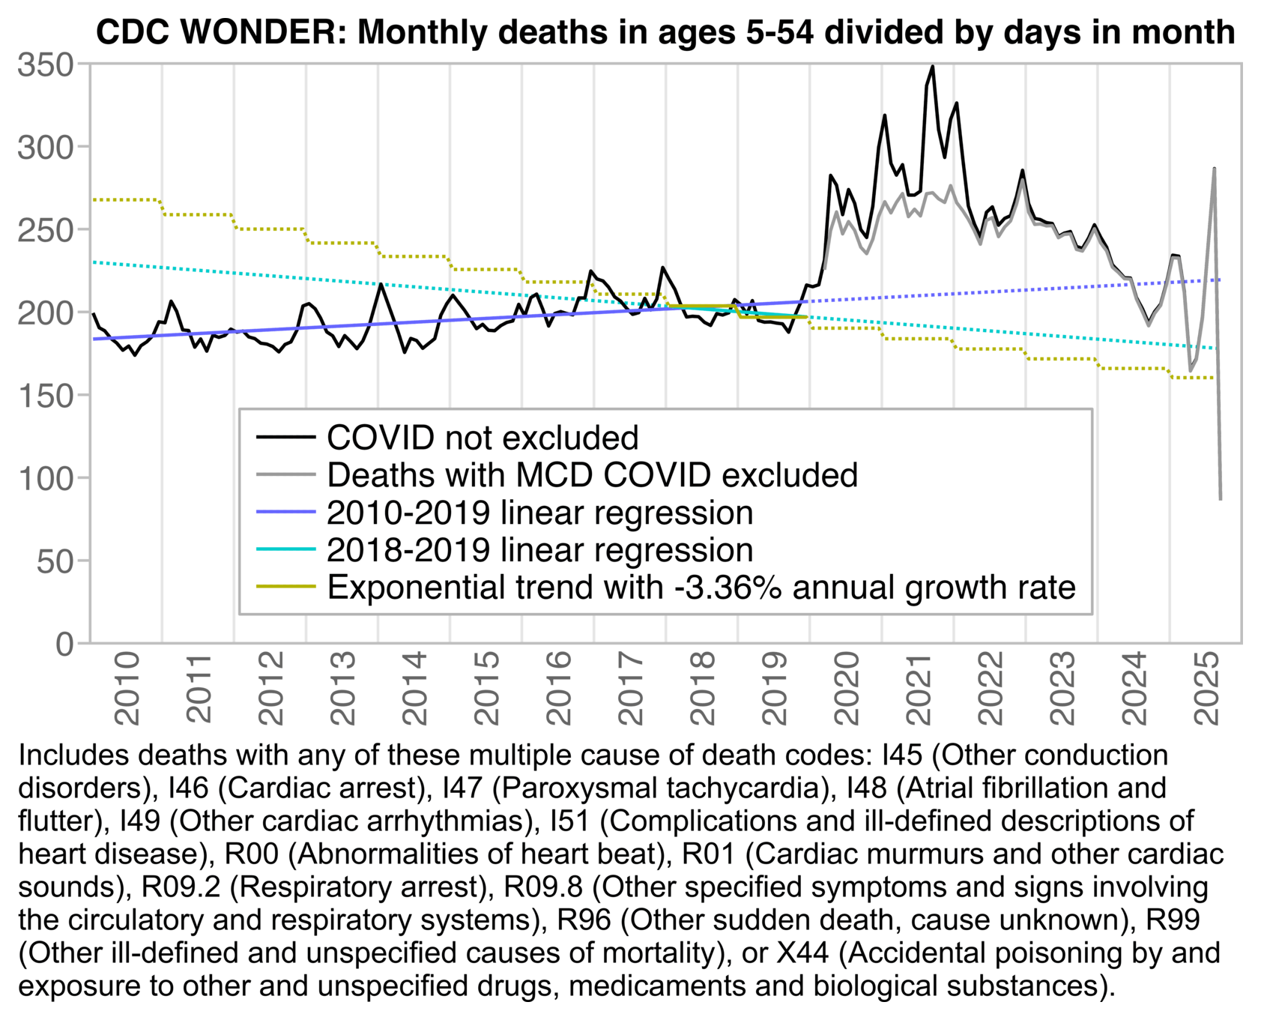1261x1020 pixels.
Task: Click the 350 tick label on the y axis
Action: click(x=45, y=65)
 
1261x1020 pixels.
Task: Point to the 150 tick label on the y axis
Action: click(x=45, y=396)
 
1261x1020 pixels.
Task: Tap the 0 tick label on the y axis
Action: click(x=64, y=644)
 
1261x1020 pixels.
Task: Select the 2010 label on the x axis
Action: click(x=127, y=688)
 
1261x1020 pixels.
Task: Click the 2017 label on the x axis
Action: click(x=631, y=688)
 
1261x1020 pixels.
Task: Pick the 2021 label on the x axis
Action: click(x=919, y=688)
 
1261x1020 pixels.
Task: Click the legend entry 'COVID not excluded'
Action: click(x=483, y=438)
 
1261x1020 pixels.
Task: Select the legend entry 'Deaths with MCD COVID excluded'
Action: click(x=592, y=475)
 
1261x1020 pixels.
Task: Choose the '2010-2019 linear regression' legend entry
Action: click(x=539, y=513)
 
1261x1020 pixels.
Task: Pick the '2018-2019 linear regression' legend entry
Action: click(x=539, y=550)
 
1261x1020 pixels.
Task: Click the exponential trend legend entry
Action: click(x=701, y=587)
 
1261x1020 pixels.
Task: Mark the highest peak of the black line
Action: click(x=933, y=66)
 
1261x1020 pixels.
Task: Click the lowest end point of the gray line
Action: click(x=1221, y=499)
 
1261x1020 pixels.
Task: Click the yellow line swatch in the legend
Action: click(x=285, y=587)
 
